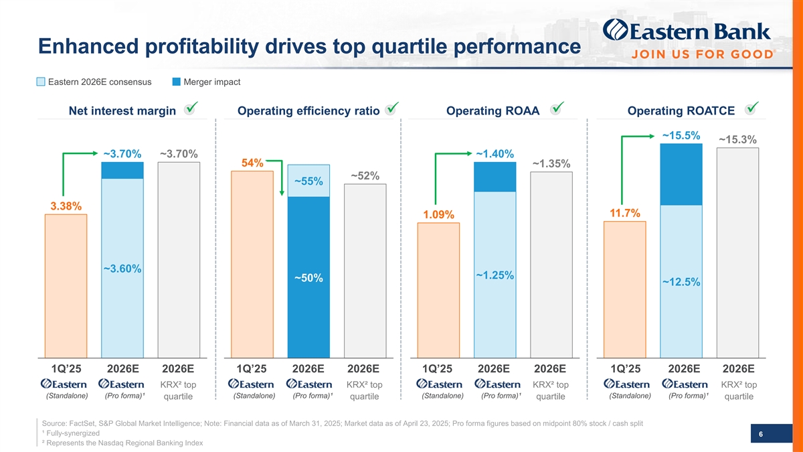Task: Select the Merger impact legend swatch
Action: (x=177, y=82)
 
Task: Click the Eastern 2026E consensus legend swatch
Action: (x=41, y=82)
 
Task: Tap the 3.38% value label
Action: (x=66, y=206)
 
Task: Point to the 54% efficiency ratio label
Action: (x=252, y=163)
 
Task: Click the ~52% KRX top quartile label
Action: (x=365, y=176)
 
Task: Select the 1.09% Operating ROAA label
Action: (x=438, y=214)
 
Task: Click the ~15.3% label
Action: (x=737, y=139)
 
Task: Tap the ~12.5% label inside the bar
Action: (x=681, y=283)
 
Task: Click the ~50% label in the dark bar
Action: (x=308, y=278)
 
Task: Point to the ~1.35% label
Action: (x=551, y=164)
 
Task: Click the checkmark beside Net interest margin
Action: (x=191, y=108)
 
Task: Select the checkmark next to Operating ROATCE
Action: (x=753, y=108)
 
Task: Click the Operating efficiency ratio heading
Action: (x=308, y=110)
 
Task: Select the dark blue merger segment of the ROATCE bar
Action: (x=681, y=174)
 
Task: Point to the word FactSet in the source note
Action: (x=84, y=423)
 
